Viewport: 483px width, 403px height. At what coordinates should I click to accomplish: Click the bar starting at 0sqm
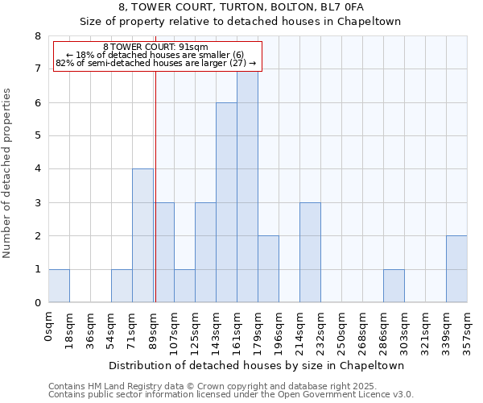pyautogui.click(x=59, y=285)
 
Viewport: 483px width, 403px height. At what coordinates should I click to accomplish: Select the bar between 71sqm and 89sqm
pyautogui.click(x=142, y=235)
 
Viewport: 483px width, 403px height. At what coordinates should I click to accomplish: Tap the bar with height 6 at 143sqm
pyautogui.click(x=226, y=202)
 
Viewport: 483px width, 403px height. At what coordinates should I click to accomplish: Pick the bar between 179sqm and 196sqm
pyautogui.click(x=268, y=269)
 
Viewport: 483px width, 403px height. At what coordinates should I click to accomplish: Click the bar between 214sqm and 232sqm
pyautogui.click(x=310, y=252)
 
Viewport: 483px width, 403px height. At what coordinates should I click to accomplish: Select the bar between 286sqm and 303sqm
pyautogui.click(x=394, y=285)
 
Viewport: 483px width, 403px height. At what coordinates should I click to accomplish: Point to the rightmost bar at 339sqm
pyautogui.click(x=456, y=269)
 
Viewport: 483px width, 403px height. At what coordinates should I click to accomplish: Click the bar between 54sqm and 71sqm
pyautogui.click(x=122, y=285)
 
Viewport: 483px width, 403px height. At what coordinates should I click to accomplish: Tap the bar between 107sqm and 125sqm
pyautogui.click(x=184, y=285)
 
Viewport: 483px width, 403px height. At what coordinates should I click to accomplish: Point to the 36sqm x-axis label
pyautogui.click(x=91, y=326)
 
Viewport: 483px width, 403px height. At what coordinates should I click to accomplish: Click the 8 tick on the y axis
pyautogui.click(x=37, y=36)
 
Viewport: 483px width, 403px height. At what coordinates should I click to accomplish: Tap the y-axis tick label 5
pyautogui.click(x=37, y=136)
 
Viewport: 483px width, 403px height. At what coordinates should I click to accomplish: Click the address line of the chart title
pyautogui.click(x=242, y=6)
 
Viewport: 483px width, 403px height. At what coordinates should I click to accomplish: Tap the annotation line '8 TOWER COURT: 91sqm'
pyautogui.click(x=156, y=47)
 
